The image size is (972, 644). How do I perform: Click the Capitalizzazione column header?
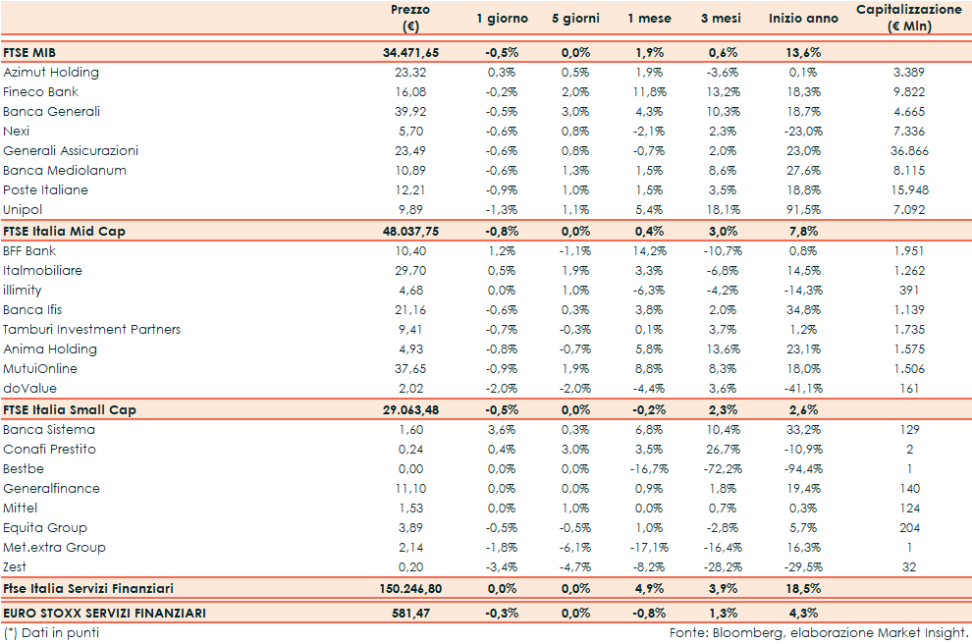click(x=908, y=18)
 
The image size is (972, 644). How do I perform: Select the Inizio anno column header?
click(x=803, y=19)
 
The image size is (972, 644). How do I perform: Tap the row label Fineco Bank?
click(x=40, y=92)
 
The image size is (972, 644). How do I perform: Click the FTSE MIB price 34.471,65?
click(x=410, y=53)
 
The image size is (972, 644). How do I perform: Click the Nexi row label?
click(x=17, y=132)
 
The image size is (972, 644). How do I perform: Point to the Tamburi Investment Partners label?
click(x=92, y=330)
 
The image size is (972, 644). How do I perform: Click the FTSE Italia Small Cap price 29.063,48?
click(x=410, y=409)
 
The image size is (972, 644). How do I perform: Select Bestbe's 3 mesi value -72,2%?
click(x=725, y=469)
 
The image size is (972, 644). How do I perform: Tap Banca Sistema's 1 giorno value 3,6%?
click(x=502, y=430)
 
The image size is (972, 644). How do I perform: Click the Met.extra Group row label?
click(x=54, y=548)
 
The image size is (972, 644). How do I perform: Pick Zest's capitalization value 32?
click(x=908, y=567)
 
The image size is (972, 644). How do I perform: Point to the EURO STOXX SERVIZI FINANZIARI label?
click(x=105, y=614)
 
